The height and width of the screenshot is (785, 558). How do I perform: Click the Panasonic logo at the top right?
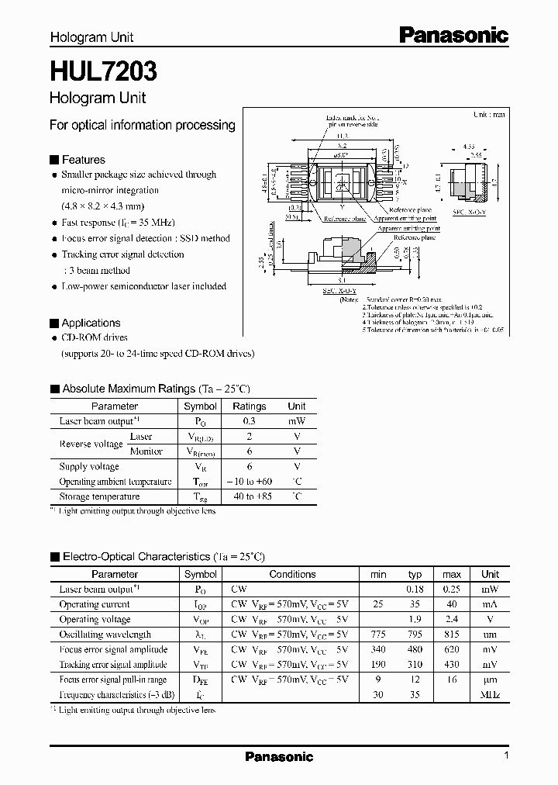pyautogui.click(x=454, y=35)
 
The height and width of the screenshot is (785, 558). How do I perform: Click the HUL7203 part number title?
pyautogui.click(x=103, y=72)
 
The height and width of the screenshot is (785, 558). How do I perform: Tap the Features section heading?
pyautogui.click(x=83, y=159)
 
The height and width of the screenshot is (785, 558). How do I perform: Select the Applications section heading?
pyautogui.click(x=91, y=323)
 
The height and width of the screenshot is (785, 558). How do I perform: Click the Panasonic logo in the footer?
pyautogui.click(x=279, y=756)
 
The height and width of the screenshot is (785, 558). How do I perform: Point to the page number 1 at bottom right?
pyautogui.click(x=506, y=756)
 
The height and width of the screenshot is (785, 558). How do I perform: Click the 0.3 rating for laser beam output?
pyautogui.click(x=250, y=421)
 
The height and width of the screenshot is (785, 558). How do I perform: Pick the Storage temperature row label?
pyautogui.click(x=99, y=496)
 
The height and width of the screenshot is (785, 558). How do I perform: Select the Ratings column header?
pyautogui.click(x=250, y=406)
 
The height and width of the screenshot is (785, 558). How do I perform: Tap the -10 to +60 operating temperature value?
pyautogui.click(x=250, y=482)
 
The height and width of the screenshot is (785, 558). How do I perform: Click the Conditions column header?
pyautogui.click(x=292, y=574)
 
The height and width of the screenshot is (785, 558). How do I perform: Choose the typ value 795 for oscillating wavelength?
pyautogui.click(x=415, y=635)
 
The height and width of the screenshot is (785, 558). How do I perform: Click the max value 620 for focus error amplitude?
pyautogui.click(x=452, y=649)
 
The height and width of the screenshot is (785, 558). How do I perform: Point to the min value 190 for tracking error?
pyautogui.click(x=378, y=665)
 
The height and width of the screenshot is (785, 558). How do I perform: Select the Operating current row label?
pyautogui.click(x=95, y=604)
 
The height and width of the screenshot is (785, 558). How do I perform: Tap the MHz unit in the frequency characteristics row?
pyautogui.click(x=490, y=694)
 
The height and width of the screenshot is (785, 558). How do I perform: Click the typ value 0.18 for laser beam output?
pyautogui.click(x=415, y=590)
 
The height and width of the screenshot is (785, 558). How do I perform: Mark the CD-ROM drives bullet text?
pyautogui.click(x=95, y=338)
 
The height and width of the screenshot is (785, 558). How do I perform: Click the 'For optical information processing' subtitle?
pyautogui.click(x=142, y=125)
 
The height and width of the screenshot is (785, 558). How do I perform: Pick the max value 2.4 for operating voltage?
pyautogui.click(x=452, y=620)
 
